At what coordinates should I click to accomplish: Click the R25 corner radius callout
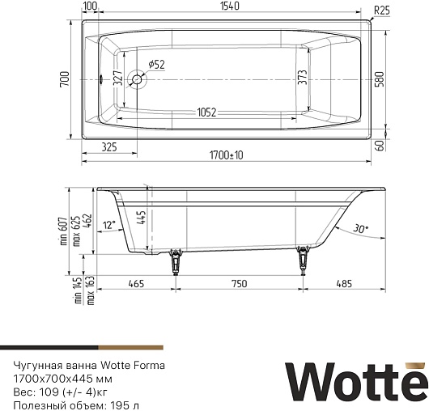pyautogui.click(x=382, y=11)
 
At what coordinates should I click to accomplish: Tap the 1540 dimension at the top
pyautogui.click(x=230, y=6)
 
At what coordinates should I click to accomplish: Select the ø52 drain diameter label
pyautogui.click(x=156, y=65)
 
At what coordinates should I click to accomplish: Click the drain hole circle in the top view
pyautogui.click(x=137, y=79)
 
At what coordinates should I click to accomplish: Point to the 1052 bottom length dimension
pyautogui.click(x=206, y=112)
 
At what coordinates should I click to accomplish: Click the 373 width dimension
pyautogui.click(x=303, y=77)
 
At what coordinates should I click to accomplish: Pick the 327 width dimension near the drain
pyautogui.click(x=117, y=78)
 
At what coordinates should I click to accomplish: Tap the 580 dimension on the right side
pyautogui.click(x=380, y=79)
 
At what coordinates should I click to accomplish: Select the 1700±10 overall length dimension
pyautogui.click(x=227, y=155)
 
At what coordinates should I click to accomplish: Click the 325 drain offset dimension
pyautogui.click(x=109, y=147)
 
